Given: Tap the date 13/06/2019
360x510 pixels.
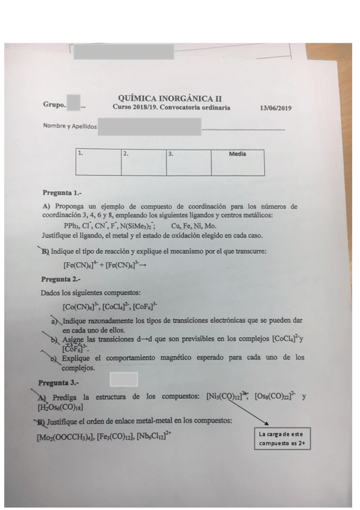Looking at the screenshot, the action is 275,108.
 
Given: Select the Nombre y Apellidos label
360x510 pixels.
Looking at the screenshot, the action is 70,126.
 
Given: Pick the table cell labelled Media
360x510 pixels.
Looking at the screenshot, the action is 237,162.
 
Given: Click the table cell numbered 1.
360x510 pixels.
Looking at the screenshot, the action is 99,162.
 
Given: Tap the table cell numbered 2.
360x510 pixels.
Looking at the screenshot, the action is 144,162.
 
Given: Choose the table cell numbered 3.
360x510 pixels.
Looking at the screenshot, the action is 189,162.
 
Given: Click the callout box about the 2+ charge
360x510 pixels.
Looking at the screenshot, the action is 282,439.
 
